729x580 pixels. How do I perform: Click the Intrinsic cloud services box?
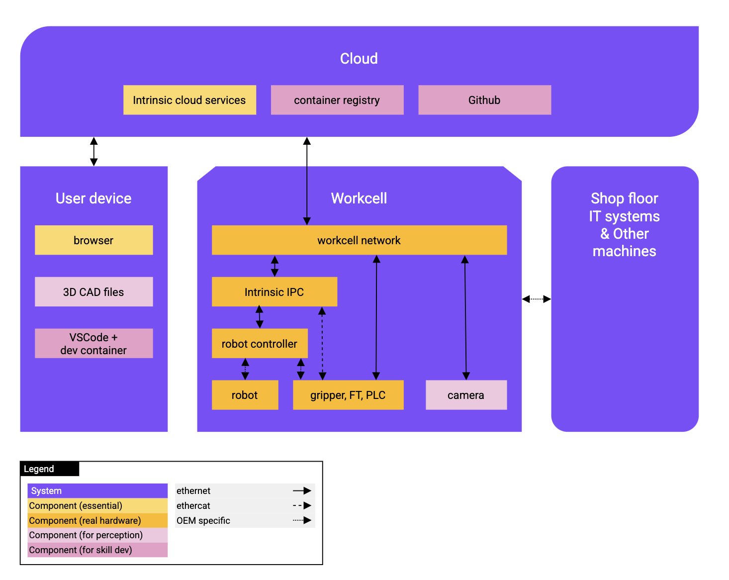click(189, 100)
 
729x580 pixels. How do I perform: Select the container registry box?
click(337, 100)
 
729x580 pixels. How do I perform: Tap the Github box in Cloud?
click(484, 100)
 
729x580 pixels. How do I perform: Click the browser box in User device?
click(93, 240)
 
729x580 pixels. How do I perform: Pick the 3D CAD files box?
click(93, 292)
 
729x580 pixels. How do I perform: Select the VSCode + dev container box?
click(93, 343)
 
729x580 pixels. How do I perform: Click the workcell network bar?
click(359, 240)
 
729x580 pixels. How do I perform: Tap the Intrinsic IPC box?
click(274, 292)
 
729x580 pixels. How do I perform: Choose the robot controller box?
click(260, 343)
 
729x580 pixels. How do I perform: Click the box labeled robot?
click(245, 395)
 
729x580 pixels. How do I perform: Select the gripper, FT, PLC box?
click(348, 395)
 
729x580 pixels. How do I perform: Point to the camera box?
click(466, 395)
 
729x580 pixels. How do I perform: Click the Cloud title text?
click(359, 59)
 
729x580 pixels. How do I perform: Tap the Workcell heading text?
click(359, 198)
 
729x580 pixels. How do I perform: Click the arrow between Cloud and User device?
click(93, 152)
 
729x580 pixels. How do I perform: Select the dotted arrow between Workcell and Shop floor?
click(537, 299)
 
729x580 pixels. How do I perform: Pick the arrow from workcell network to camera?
click(465, 318)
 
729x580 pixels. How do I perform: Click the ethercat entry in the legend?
click(193, 505)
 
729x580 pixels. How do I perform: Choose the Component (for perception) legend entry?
click(86, 535)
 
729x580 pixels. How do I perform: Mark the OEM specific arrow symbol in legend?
click(302, 520)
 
